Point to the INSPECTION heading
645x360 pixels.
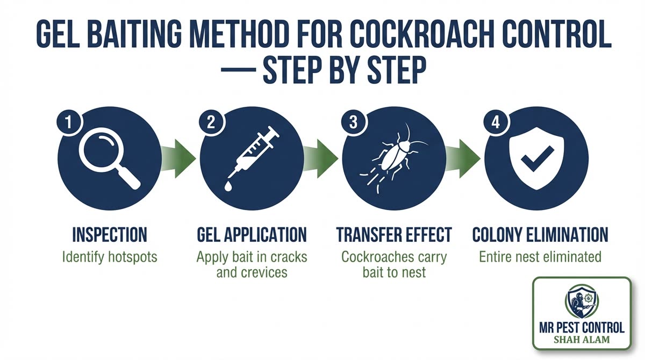point(110,235)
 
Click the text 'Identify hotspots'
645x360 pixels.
point(110,256)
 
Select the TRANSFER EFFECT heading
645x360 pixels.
point(394,235)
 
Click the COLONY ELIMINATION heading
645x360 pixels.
point(540,235)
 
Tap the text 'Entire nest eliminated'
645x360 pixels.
point(540,256)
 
